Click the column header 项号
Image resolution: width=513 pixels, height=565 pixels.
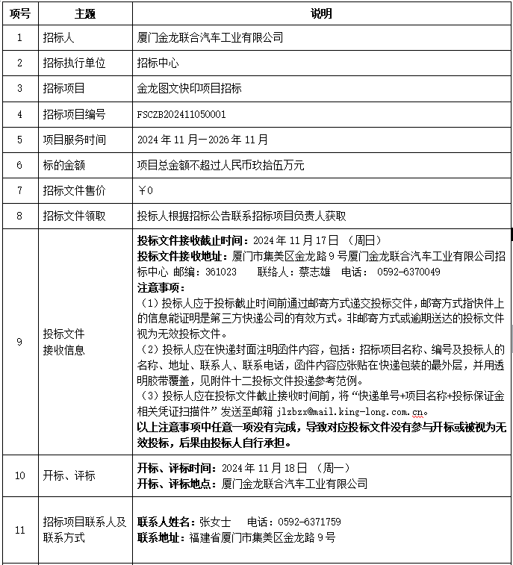point(20,13)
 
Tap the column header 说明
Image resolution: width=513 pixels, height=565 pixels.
point(321,13)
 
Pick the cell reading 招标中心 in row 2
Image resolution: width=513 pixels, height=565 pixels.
point(158,63)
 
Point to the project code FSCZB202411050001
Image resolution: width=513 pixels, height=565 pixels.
point(181,114)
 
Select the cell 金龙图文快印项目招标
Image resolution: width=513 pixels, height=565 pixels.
point(189,88)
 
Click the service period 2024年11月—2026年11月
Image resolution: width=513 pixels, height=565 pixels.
point(203,140)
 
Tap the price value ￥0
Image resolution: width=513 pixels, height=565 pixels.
point(146,190)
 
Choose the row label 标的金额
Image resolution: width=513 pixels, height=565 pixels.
point(63,165)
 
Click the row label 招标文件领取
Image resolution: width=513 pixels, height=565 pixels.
point(74,216)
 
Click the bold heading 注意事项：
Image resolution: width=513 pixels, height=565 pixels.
point(160,287)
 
